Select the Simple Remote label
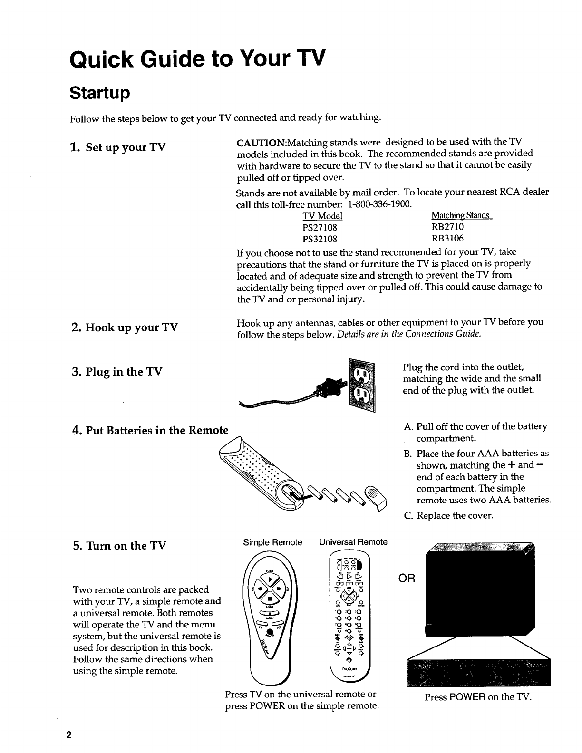(273, 542)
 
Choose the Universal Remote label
(353, 542)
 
